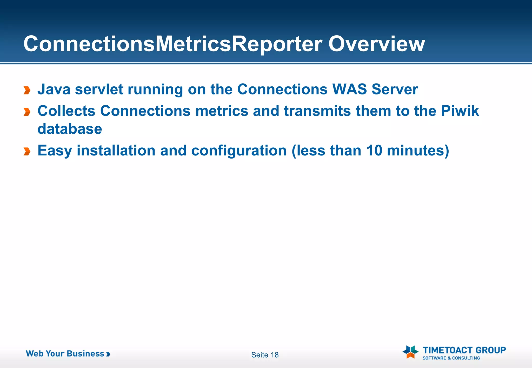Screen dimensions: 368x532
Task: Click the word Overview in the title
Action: tap(376, 44)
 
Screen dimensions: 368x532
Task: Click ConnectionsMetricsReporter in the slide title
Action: tap(173, 44)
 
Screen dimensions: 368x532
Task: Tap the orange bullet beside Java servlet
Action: tap(27, 90)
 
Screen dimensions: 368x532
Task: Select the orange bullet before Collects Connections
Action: tap(27, 112)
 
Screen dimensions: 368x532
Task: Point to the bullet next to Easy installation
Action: tap(27, 151)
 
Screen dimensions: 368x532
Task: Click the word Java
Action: tap(54, 90)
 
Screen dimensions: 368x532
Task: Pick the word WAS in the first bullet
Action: tap(349, 90)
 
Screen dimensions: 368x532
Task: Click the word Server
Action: tap(395, 90)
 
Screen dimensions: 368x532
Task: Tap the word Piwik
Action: tap(460, 111)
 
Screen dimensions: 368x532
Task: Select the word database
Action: tap(70, 129)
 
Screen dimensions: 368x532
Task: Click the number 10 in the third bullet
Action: tap(374, 151)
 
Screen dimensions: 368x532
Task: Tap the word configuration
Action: tap(239, 151)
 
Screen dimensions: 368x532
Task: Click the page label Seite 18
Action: tap(265, 355)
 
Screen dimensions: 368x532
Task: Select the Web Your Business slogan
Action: tap(68, 354)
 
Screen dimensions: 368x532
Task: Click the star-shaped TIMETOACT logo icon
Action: tap(410, 352)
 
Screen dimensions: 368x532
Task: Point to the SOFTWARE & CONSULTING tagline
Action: tap(451, 358)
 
